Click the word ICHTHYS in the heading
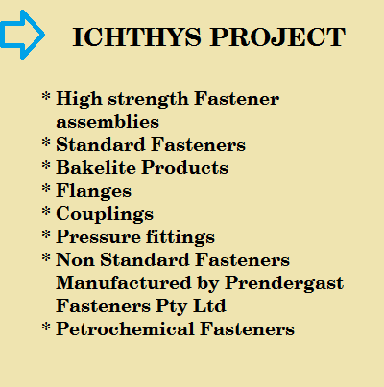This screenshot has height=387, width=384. coord(137,37)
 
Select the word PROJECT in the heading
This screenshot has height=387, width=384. coord(277,37)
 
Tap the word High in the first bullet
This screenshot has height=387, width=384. coord(79,99)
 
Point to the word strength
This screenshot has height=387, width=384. coord(148,99)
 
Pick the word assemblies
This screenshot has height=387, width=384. coord(108,122)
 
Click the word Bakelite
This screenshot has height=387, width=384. coord(96,167)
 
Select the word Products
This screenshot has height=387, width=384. coord(185,167)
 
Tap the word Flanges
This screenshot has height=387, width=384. coord(94,191)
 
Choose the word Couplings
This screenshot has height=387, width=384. coord(105,214)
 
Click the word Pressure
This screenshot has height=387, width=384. coord(98,237)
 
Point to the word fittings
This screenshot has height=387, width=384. coord(180,237)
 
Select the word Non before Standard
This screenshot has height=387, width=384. coord(75,260)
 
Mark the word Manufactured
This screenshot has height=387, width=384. coord(124,283)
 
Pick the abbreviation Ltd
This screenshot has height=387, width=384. coord(209,305)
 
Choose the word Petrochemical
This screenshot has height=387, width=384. coord(125,328)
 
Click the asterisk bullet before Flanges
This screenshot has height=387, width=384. coord(46,188)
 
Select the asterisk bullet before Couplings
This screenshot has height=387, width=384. coord(46,211)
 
